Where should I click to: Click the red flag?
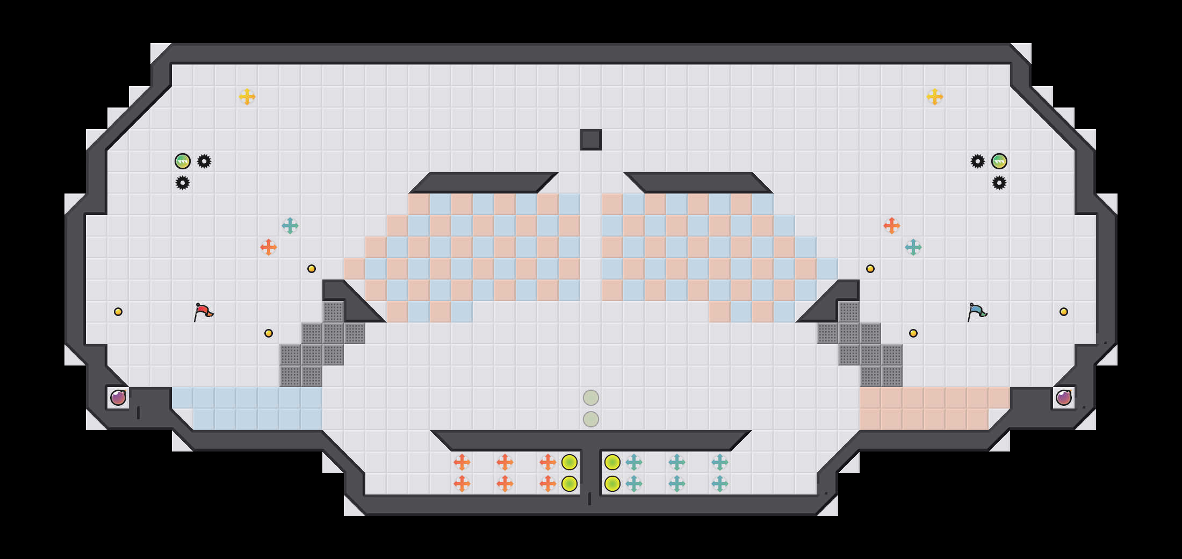coord(203,312)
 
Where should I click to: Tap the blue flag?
coord(977,312)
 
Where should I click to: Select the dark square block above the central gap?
coord(590,140)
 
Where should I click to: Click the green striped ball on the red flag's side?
coord(183,161)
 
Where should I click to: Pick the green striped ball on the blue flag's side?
coord(999,161)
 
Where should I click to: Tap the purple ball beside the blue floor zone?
coord(118,398)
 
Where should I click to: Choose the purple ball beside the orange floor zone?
coord(1064,398)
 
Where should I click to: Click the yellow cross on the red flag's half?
coord(247,97)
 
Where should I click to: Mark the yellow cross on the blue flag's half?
coord(935,97)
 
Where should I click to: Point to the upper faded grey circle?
coord(591,398)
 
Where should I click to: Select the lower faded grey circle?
coord(591,419)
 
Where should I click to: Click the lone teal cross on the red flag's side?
coord(290,226)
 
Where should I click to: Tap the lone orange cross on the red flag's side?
coord(269,247)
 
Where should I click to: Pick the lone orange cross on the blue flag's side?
coord(892,226)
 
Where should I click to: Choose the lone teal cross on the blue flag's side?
coord(913,247)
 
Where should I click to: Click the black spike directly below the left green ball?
coord(183,183)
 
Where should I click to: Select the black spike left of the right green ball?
coord(978,161)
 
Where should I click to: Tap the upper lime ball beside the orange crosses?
coord(570,462)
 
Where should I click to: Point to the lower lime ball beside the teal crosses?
coord(612,484)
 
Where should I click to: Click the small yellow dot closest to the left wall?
coord(118,312)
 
